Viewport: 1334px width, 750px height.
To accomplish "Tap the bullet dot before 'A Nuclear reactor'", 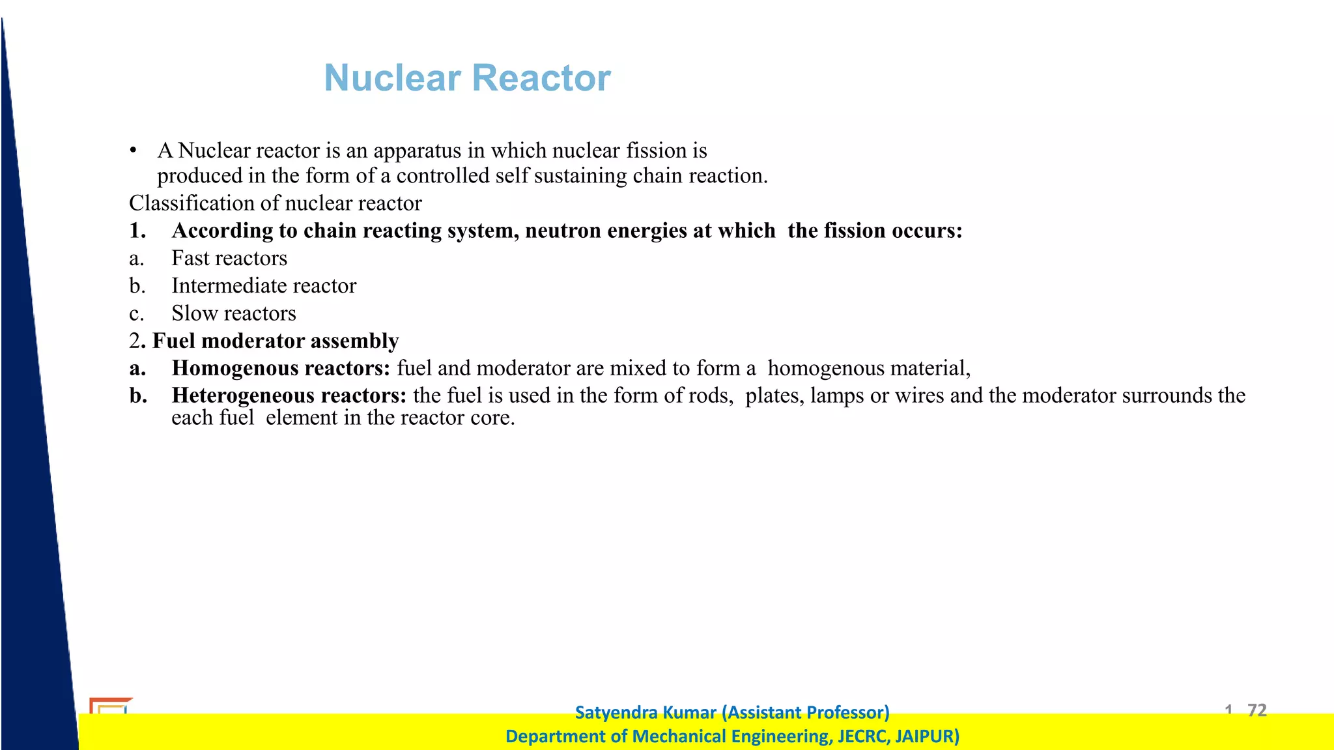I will click(133, 151).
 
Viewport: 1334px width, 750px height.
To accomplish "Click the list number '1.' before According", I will click(137, 231).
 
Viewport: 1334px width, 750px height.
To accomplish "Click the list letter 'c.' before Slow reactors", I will click(136, 314).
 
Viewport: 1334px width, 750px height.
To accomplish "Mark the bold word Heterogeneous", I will click(243, 396).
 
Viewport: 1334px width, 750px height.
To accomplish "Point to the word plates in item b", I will click(774, 396).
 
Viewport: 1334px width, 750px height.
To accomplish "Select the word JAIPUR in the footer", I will click(926, 736).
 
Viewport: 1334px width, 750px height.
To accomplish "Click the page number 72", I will click(1256, 710).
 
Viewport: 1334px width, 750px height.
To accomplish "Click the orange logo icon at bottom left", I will click(109, 706).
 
